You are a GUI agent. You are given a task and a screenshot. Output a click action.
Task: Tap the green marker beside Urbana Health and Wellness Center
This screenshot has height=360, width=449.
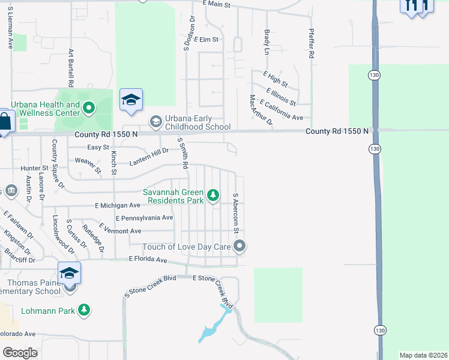coord(89,109)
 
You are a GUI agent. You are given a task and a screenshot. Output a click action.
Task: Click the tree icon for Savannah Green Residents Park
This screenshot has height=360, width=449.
coord(212,195)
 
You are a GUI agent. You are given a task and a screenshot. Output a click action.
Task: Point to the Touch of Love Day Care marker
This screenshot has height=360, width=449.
coord(240,246)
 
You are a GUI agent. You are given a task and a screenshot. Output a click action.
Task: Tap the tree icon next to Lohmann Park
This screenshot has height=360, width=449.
coord(85,310)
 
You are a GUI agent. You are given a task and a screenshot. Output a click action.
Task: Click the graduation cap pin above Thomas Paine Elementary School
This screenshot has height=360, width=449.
coord(69,274)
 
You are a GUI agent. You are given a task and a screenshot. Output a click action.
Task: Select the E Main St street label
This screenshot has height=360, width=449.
coord(217,4)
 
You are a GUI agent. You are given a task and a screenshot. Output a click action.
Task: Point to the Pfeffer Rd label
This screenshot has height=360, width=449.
coord(312,43)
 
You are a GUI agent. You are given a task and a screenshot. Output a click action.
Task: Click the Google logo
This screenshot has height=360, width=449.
coord(20,353)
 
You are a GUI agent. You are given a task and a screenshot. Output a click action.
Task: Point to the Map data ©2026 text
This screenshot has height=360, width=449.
coord(423,355)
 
